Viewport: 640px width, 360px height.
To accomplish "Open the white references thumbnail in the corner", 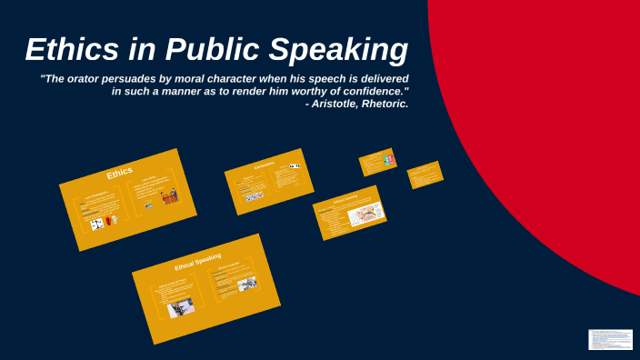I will (x=610, y=339).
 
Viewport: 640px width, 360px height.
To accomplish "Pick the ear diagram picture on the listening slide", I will (x=366, y=213).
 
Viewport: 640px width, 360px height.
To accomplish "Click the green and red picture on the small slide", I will (x=388, y=160).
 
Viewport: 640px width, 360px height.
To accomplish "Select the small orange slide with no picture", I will (x=425, y=174).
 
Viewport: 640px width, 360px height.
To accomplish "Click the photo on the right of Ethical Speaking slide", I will (x=246, y=285).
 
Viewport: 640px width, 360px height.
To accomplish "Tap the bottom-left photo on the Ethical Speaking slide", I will (x=180, y=309).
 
